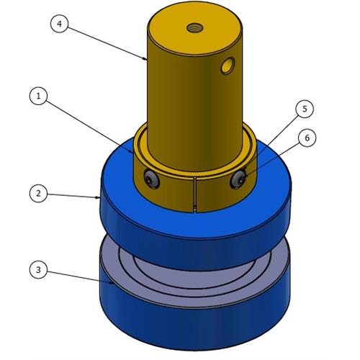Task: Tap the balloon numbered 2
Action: coord(40,193)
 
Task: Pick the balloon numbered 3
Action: coord(40,270)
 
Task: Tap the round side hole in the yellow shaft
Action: coord(228,67)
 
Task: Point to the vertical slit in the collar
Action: coord(195,193)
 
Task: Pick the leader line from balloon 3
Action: coord(79,276)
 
